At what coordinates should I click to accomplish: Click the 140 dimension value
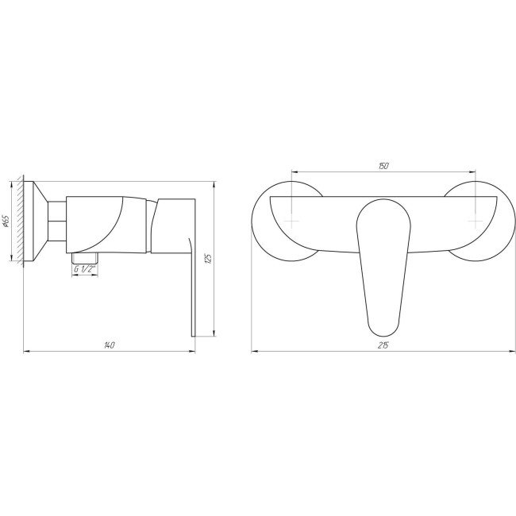pyautogui.click(x=110, y=345)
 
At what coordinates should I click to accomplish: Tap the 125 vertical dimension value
pyautogui.click(x=208, y=258)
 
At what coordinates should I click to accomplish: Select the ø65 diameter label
pyautogui.click(x=6, y=221)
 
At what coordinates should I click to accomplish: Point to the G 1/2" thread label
pyautogui.click(x=85, y=269)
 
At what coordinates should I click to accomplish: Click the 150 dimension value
pyautogui.click(x=383, y=166)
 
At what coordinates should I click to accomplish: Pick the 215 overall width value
pyautogui.click(x=383, y=345)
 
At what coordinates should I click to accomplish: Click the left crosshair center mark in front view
pyautogui.click(x=291, y=221)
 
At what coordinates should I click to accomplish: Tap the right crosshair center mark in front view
pyautogui.click(x=476, y=221)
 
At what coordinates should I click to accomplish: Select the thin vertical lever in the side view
pyautogui.click(x=193, y=287)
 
